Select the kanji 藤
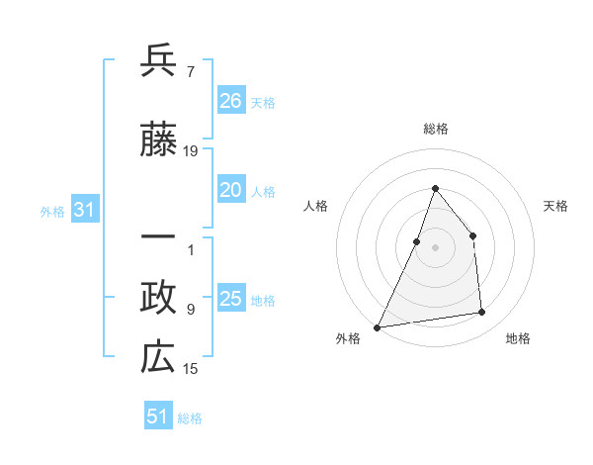158,141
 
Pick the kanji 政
158,298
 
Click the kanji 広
158,358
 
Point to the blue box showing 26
230,101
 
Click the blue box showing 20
230,191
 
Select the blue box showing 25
230,300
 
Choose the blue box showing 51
158,417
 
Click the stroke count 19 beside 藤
191,151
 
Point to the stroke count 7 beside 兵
190,72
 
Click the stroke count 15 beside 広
191,369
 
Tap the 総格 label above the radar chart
435,129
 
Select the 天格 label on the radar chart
556,206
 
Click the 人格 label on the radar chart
315,206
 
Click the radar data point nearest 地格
482,313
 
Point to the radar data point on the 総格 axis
435,189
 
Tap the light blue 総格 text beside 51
190,418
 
